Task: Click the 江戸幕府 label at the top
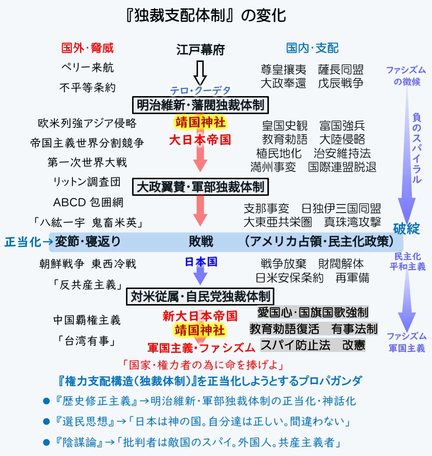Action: pyautogui.click(x=200, y=50)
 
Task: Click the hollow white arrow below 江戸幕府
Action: pyautogui.click(x=200, y=72)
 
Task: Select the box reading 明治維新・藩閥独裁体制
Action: pyautogui.click(x=201, y=105)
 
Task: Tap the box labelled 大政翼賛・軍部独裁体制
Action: pyautogui.click(x=201, y=187)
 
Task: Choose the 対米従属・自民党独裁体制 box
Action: pyautogui.click(x=200, y=297)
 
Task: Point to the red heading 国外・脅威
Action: pyautogui.click(x=87, y=48)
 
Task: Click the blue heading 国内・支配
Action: pyautogui.click(x=312, y=48)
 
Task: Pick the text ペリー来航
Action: pyautogui.click(x=87, y=67)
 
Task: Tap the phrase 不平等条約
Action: pyautogui.click(x=87, y=87)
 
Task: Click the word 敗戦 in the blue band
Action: pyautogui.click(x=201, y=241)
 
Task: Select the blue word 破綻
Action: pyautogui.click(x=406, y=228)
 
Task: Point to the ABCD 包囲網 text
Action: pyautogui.click(x=88, y=202)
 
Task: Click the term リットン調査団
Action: pyautogui.click(x=87, y=182)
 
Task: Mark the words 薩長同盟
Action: pyautogui.click(x=341, y=69)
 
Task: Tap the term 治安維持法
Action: pyautogui.click(x=342, y=153)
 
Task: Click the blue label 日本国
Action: pyautogui.click(x=201, y=262)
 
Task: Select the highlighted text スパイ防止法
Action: pyautogui.click(x=295, y=345)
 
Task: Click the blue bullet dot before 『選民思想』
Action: pyautogui.click(x=46, y=421)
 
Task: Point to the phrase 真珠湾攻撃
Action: pyautogui.click(x=352, y=222)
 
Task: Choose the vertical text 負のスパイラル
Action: pyautogui.click(x=417, y=148)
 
